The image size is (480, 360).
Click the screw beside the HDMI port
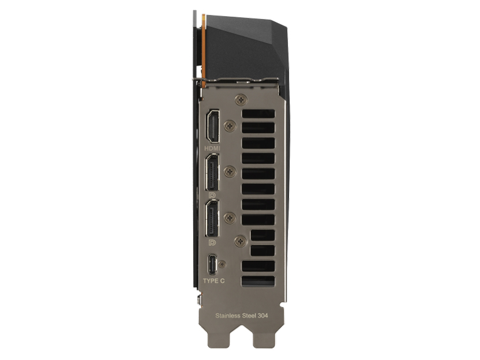coord(231,125)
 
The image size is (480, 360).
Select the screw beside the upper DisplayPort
coord(231,171)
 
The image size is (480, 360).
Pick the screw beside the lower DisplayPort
coord(231,217)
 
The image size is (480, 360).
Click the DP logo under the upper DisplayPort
coord(211,195)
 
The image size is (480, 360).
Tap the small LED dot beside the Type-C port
coord(223,263)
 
